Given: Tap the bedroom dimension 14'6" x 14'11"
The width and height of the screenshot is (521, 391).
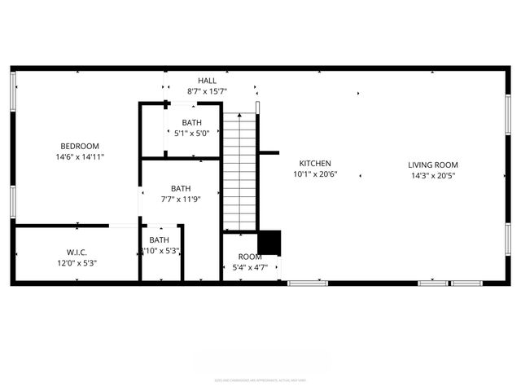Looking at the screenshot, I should [80, 156].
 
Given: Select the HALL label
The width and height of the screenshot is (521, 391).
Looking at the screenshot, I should [207, 81].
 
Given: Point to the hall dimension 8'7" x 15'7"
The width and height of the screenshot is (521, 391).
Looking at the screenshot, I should [207, 91].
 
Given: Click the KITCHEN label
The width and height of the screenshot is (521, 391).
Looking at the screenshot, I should [315, 164].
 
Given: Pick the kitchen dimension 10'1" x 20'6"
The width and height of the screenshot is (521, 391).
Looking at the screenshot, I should [315, 174].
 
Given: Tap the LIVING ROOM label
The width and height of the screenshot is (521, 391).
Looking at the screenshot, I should [432, 165].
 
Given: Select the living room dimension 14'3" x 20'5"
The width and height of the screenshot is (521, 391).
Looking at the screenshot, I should [432, 175].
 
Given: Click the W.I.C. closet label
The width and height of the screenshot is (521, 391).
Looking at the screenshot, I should [77, 252].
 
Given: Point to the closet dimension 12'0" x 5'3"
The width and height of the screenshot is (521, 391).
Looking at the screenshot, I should [77, 262].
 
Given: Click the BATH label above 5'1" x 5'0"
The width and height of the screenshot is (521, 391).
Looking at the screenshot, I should [191, 123].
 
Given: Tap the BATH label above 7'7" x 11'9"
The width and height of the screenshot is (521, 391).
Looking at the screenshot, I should [181, 188].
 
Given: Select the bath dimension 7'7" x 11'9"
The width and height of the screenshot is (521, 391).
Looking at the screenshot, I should [181, 199].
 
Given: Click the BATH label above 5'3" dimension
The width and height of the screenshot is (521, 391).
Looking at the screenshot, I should [160, 239].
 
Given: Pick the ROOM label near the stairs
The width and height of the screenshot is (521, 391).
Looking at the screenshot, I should [250, 257].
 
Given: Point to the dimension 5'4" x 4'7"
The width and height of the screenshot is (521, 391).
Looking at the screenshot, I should [250, 267].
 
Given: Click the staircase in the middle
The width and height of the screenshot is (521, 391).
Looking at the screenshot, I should [240, 171].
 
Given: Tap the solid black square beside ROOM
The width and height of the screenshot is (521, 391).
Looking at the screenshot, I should [269, 243].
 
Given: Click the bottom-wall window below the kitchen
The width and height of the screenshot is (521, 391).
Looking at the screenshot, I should [308, 283].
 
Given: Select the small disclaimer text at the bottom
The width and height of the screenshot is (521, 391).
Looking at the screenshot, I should [260, 380].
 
